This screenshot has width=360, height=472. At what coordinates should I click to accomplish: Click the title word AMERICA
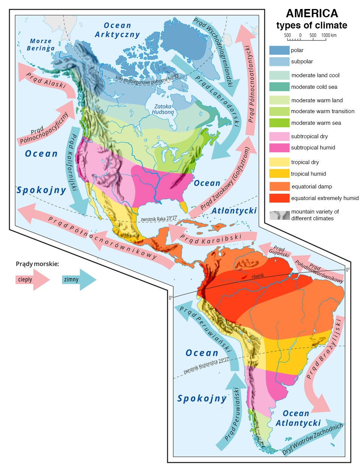pos(312,13)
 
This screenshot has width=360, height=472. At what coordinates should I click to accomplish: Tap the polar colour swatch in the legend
pos(279,50)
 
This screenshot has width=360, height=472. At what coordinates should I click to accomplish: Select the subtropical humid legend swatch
pos(279,148)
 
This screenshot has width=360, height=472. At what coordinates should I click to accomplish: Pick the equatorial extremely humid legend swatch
pos(279,198)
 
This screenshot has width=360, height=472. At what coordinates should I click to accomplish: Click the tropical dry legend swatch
pos(279,162)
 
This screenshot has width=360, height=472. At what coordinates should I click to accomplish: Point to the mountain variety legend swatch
pos(279,215)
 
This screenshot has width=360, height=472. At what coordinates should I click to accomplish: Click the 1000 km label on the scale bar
pos(328,35)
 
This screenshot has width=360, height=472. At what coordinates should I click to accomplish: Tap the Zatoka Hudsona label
pos(163,109)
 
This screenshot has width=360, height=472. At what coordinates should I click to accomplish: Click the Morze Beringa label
pos(41,45)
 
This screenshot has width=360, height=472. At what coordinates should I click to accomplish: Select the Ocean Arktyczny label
pos(117,30)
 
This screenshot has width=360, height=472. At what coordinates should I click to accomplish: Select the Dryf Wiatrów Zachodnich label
pos(313,439)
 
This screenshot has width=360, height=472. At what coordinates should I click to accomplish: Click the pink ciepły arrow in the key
pos(32,279)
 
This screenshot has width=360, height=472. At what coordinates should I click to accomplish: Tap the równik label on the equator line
pos(258,276)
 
